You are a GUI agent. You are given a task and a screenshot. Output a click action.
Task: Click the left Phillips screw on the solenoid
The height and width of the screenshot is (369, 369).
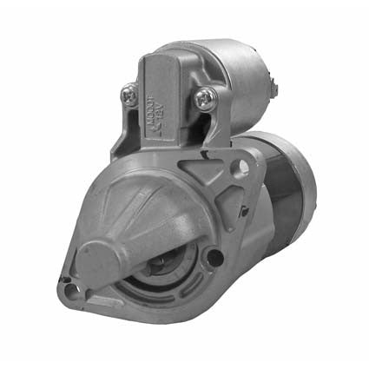tap(130, 95)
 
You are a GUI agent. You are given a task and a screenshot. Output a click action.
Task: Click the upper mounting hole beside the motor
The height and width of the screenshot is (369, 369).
tap(244, 167)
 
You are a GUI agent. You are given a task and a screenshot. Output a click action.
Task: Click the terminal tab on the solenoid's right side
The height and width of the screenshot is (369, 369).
tap(275, 85)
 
